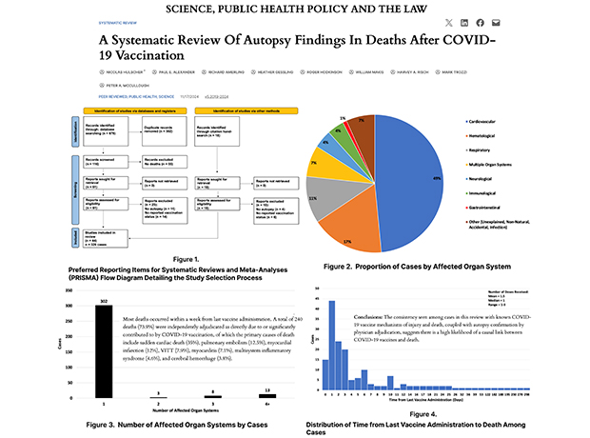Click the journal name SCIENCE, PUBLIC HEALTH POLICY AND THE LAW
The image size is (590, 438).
(x=294, y=9)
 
